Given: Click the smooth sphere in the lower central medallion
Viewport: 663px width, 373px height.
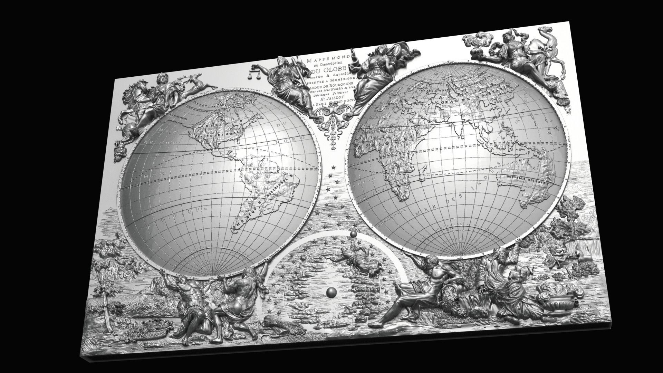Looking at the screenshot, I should (331, 293).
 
